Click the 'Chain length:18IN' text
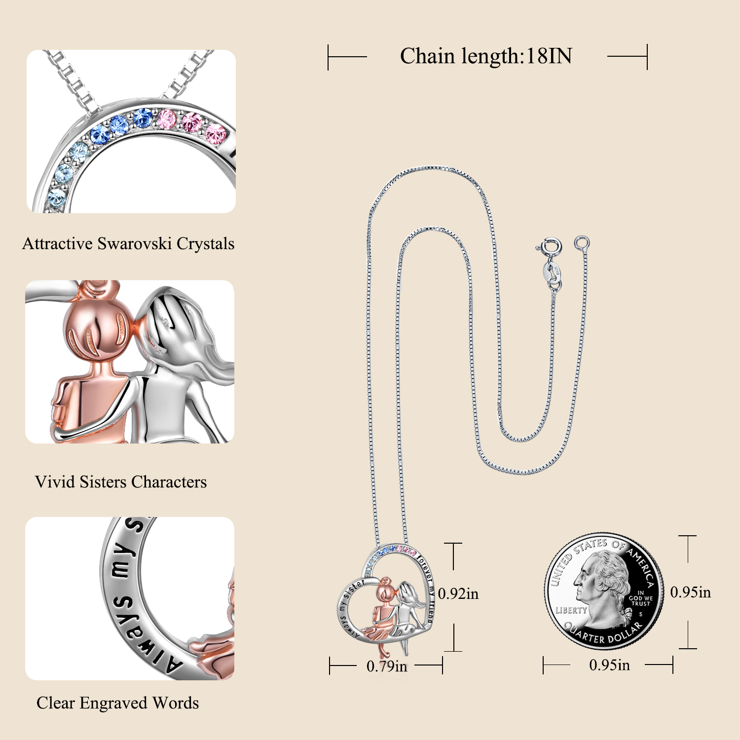coord(486,56)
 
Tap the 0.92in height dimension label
coord(458,593)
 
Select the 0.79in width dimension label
coord(387,666)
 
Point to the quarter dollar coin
coord(604,592)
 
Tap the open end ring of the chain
coord(582,243)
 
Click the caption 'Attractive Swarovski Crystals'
coord(128,244)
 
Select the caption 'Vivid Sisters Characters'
coord(121,482)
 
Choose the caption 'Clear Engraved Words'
coord(117,703)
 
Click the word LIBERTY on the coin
coord(571,610)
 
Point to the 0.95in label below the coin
coord(609,666)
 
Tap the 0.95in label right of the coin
coord(690,592)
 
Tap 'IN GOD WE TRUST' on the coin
coord(640,598)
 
